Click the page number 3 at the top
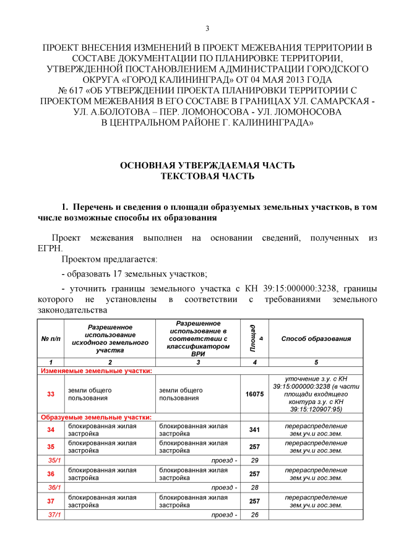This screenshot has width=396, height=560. click(207, 28)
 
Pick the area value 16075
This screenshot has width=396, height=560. click(254, 394)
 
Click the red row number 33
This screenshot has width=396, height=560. click(51, 394)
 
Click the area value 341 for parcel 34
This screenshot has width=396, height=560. click(254, 429)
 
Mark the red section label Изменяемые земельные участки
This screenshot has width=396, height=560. click(96, 371)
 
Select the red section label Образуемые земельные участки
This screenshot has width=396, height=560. click(96, 418)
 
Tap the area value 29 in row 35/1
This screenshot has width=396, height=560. click(254, 460)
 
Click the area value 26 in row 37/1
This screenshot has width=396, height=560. click(254, 515)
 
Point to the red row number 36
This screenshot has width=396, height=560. click(51, 474)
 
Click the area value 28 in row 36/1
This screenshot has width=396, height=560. click(254, 488)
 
